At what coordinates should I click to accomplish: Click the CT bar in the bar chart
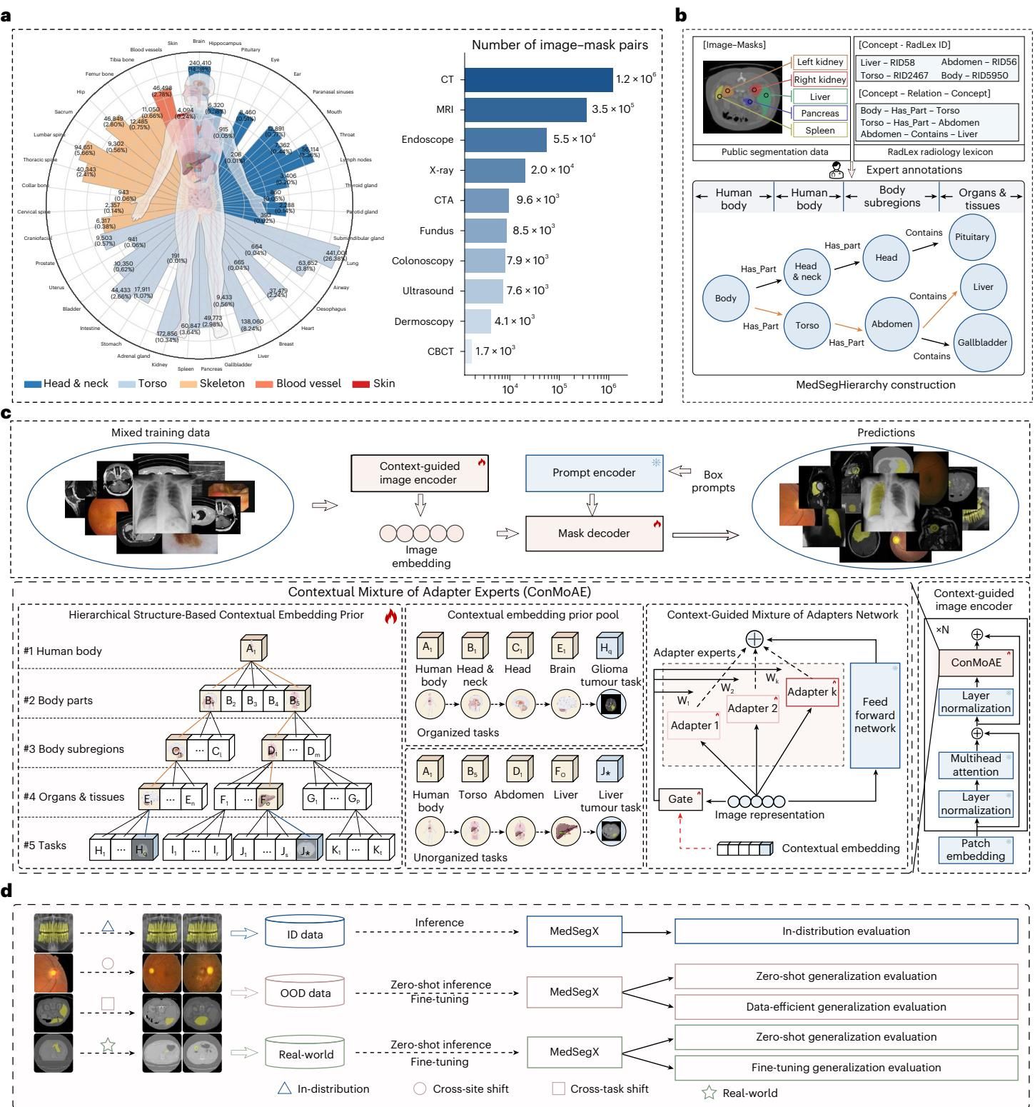(538, 79)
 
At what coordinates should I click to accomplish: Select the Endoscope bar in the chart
(505, 139)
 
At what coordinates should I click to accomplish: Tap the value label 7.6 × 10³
(527, 290)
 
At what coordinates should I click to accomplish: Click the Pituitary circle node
(971, 236)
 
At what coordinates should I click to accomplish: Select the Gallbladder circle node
(982, 342)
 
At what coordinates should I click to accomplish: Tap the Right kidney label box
(819, 79)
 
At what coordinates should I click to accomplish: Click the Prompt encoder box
(594, 473)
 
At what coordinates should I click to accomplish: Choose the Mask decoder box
(594, 534)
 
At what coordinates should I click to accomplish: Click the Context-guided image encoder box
(419, 473)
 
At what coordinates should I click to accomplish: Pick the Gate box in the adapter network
(680, 799)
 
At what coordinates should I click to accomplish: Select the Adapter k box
(812, 691)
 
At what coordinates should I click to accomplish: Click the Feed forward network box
(874, 716)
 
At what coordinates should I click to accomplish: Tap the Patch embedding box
(975, 849)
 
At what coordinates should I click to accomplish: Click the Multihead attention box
(975, 765)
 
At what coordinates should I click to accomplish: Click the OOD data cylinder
(305, 993)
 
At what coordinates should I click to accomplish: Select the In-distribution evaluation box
(846, 931)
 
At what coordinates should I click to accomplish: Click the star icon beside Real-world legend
(709, 1093)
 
